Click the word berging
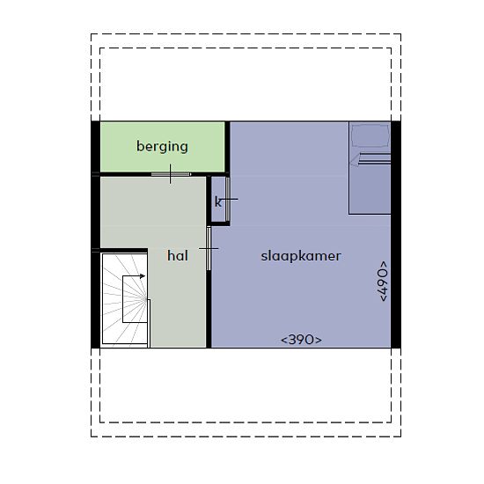click(x=162, y=147)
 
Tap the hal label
click(x=178, y=255)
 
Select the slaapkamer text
click(x=301, y=256)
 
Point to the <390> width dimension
click(x=301, y=340)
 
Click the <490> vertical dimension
click(x=382, y=282)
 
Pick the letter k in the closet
click(x=217, y=202)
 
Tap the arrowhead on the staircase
click(x=143, y=276)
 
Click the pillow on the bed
click(x=370, y=136)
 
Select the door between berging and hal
click(x=171, y=174)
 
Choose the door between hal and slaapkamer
click(x=209, y=248)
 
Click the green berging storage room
click(x=163, y=147)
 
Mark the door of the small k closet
click(x=228, y=199)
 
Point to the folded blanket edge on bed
click(x=371, y=158)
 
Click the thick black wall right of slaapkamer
click(x=396, y=235)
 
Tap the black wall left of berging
click(x=96, y=147)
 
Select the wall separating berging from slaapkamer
click(x=228, y=148)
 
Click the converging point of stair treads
click(x=146, y=299)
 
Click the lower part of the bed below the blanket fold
click(x=370, y=189)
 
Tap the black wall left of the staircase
click(x=96, y=300)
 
